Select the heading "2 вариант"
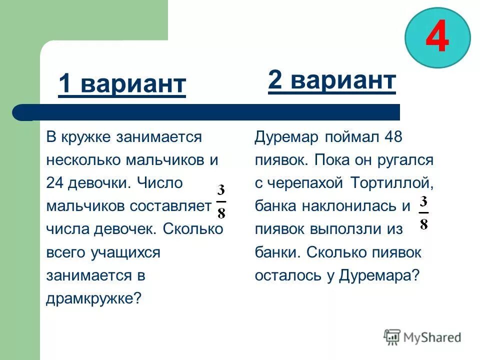(332, 79)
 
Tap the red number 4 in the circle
(437, 38)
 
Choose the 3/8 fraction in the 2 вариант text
(423, 212)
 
